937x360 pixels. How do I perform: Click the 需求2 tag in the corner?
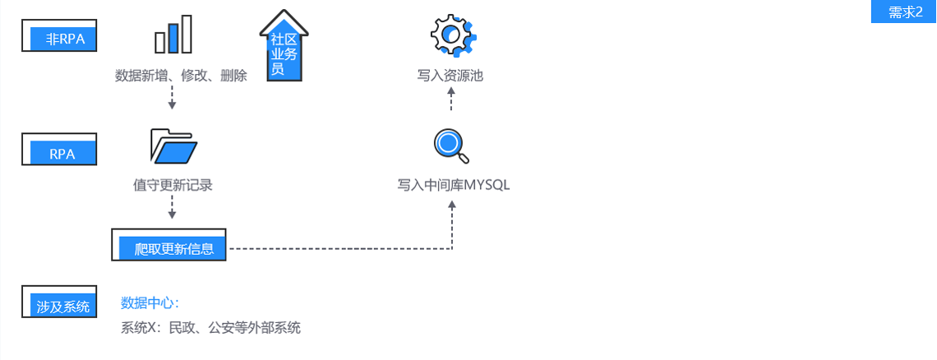tap(904, 12)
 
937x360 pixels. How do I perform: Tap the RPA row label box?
tap(60, 151)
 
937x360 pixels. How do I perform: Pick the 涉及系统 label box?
tap(60, 304)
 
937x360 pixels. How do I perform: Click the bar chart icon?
tap(173, 35)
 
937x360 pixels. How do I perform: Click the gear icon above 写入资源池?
tap(450, 34)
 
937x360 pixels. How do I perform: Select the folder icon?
tap(173, 146)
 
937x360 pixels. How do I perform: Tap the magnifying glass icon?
tap(450, 145)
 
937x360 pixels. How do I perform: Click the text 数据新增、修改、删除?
tap(181, 76)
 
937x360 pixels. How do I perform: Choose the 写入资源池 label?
tap(450, 76)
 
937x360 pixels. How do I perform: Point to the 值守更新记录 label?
tap(173, 185)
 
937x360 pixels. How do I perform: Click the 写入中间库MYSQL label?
tap(454, 185)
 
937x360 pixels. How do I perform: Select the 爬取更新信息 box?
tap(169, 247)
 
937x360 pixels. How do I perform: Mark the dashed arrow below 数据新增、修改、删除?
tap(172, 97)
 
